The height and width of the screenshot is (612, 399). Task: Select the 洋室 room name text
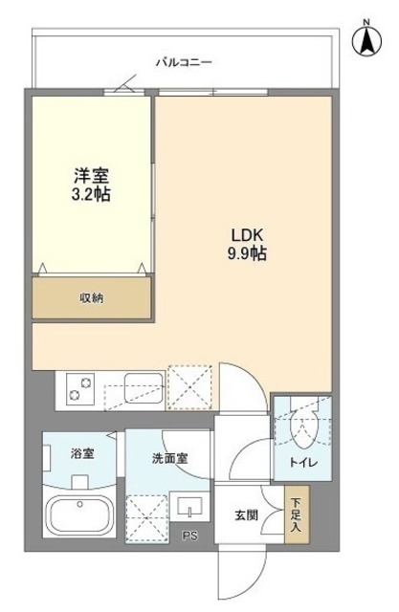pos(92,176)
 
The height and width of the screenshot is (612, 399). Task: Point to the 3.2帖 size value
pos(92,194)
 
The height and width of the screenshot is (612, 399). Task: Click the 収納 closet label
pos(92,297)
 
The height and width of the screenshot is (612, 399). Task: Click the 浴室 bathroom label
pos(82,453)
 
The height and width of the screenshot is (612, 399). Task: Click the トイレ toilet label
pos(303,464)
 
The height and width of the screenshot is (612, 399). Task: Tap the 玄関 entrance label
pos(247,515)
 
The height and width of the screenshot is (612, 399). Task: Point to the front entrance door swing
pos(236,573)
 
